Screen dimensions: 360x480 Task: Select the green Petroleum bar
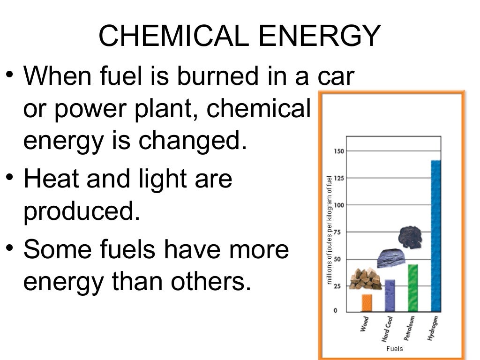pyautogui.click(x=412, y=288)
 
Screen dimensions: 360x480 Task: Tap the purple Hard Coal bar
pyautogui.click(x=390, y=295)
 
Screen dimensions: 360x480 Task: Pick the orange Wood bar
pyautogui.click(x=367, y=303)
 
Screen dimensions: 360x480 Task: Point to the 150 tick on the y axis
pyautogui.click(x=338, y=151)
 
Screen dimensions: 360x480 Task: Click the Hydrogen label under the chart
pyautogui.click(x=433, y=328)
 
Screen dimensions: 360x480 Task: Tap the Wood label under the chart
pyautogui.click(x=365, y=324)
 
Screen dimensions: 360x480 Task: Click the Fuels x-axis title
pyautogui.click(x=394, y=349)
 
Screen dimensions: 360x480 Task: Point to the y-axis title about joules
pyautogui.click(x=330, y=230)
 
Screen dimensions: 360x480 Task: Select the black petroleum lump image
pyautogui.click(x=410, y=237)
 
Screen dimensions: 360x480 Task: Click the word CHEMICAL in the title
pyautogui.click(x=173, y=36)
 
